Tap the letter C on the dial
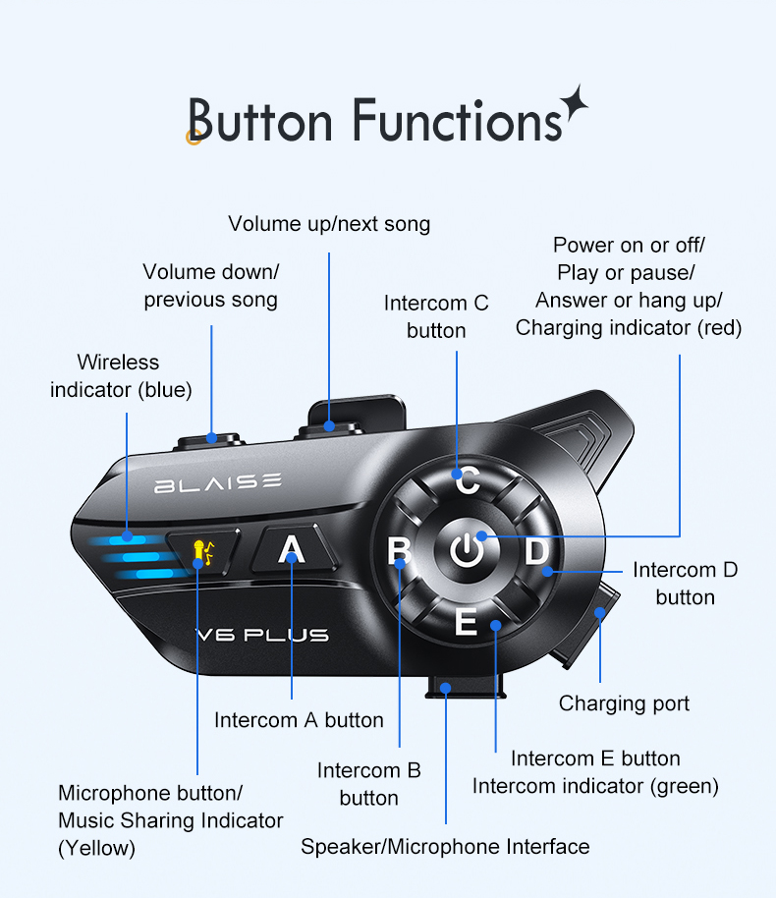[x=469, y=481]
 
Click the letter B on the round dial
[x=398, y=551]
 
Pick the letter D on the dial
[x=536, y=551]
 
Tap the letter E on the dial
[x=467, y=621]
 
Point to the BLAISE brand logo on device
[x=218, y=482]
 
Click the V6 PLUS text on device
[x=261, y=635]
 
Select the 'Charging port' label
[x=624, y=703]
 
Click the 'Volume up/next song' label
[x=329, y=224]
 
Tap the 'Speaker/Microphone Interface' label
[x=445, y=847]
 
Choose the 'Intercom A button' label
[x=299, y=720]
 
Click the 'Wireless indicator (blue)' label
[x=120, y=376]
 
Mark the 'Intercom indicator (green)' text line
[x=595, y=786]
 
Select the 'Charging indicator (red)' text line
[x=629, y=328]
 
